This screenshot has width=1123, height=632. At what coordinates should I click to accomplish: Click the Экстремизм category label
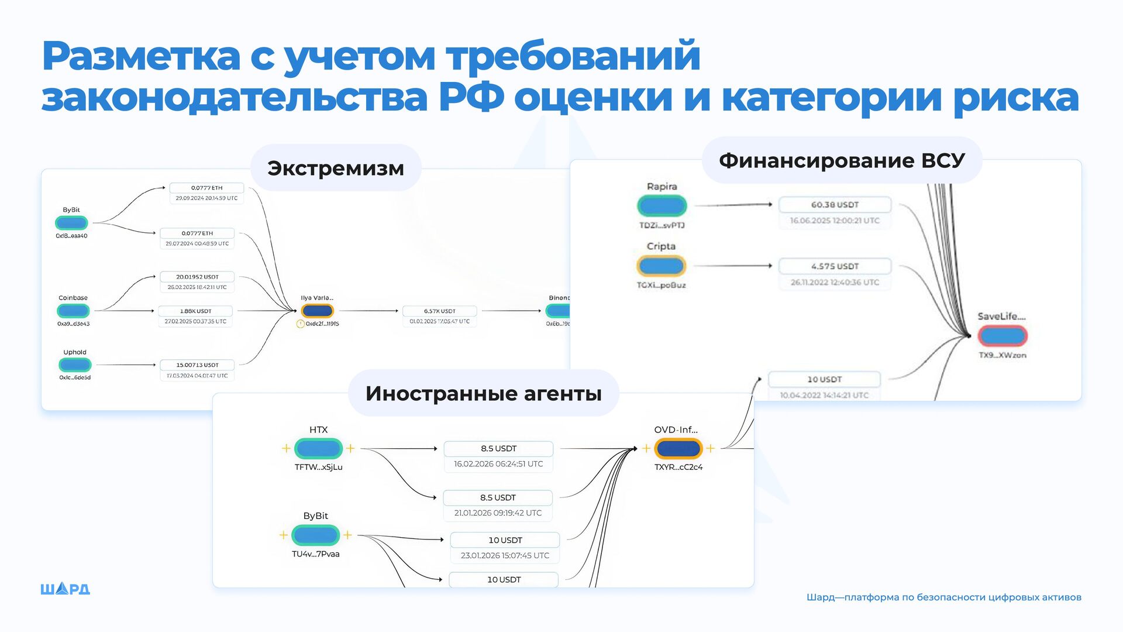[336, 168]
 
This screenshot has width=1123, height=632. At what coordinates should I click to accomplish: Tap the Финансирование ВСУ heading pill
[842, 160]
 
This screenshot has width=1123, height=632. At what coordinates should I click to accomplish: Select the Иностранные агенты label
[483, 393]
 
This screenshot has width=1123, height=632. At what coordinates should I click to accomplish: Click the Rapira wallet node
[662, 205]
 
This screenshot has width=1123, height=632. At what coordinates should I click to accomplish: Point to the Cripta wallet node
[661, 266]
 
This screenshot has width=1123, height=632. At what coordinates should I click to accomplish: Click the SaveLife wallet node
[1003, 336]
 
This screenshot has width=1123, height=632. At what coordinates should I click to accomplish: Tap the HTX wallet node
[318, 448]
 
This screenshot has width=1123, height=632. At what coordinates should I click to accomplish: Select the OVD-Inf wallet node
[678, 448]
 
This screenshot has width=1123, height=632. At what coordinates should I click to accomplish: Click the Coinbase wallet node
[73, 311]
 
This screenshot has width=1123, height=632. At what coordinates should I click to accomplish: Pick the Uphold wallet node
[75, 365]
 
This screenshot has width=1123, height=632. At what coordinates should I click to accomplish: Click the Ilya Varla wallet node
[318, 311]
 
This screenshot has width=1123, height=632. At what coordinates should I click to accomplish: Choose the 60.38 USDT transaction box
[835, 205]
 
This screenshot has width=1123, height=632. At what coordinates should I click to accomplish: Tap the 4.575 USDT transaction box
[835, 266]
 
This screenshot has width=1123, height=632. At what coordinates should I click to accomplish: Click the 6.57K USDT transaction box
[440, 311]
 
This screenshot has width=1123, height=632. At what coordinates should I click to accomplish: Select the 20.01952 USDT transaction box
[197, 277]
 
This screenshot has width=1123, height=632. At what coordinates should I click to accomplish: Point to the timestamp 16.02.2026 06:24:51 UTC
[498, 464]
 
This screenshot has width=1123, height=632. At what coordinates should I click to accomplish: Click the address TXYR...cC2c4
[678, 467]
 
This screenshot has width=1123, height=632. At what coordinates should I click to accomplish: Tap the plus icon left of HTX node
[286, 448]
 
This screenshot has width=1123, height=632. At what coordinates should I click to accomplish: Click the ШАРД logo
[65, 589]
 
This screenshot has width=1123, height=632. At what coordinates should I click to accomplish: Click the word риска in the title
[1016, 97]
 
